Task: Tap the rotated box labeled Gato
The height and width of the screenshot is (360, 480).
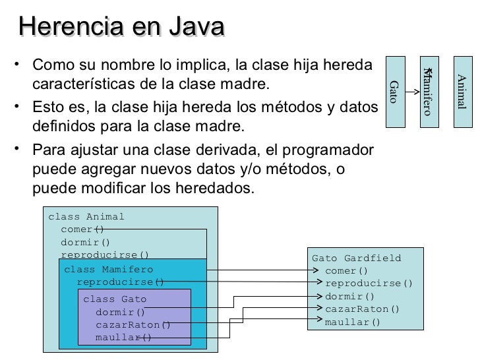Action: click(x=394, y=91)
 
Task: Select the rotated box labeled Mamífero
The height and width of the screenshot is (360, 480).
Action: click(x=428, y=91)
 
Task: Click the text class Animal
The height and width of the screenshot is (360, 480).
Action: click(x=86, y=217)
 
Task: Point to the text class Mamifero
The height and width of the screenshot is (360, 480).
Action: click(x=108, y=269)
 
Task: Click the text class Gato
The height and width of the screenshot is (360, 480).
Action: click(x=115, y=299)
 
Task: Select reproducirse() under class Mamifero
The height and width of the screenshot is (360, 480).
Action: click(x=120, y=282)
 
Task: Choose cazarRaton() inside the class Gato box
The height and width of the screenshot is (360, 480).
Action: click(x=133, y=324)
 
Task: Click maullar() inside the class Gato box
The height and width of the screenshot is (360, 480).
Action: click(x=123, y=338)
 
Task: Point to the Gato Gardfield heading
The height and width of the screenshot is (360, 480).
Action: click(x=356, y=258)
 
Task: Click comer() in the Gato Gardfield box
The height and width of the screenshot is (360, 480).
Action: click(x=346, y=271)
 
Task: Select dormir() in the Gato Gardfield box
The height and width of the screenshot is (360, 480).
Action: click(x=349, y=297)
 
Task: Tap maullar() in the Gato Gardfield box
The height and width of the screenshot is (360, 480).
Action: click(x=353, y=322)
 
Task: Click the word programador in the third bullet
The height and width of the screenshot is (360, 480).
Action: click(x=330, y=148)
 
